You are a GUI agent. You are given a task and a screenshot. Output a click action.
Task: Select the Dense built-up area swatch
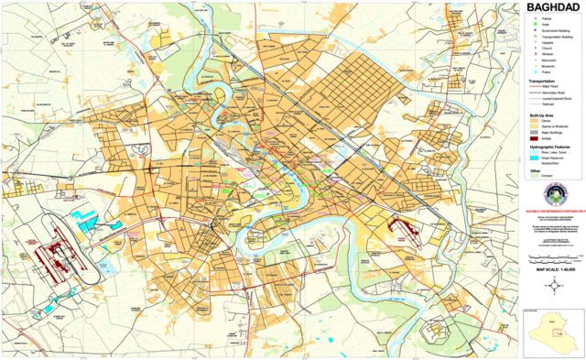pos(533,120)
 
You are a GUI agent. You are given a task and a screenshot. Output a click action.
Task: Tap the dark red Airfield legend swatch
pos(533,137)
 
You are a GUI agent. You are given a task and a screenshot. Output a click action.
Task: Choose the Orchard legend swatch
pos(533,177)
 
